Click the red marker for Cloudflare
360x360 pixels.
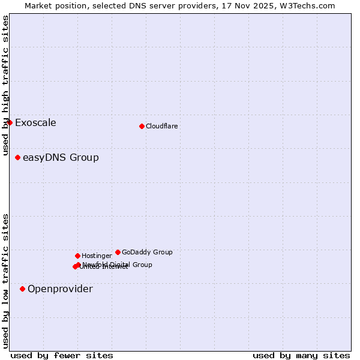click(142, 126)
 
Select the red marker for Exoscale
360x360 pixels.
click(10, 123)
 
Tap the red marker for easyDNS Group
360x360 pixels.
click(17, 158)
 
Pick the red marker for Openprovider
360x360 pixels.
click(22, 289)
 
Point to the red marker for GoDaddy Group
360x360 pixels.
click(118, 253)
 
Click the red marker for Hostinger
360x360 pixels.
click(77, 256)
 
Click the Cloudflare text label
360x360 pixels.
click(161, 127)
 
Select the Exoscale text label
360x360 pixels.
click(35, 123)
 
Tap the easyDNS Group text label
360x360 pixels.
click(61, 158)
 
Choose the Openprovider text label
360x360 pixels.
click(60, 289)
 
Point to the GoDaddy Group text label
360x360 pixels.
click(147, 253)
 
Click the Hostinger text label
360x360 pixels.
click(97, 256)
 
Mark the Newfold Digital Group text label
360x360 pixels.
click(118, 265)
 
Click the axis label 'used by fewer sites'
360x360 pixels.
click(62, 355)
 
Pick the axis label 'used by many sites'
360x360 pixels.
click(301, 355)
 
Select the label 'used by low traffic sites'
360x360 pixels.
click(5, 281)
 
